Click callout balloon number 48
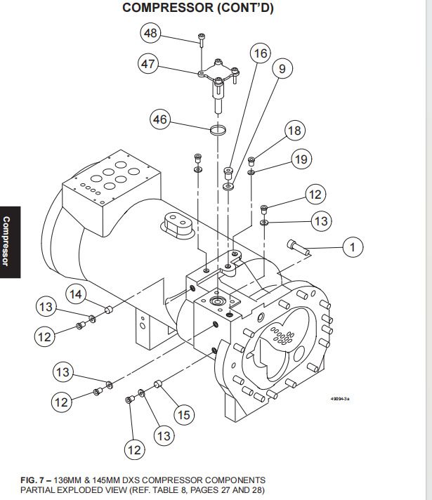pyautogui.click(x=150, y=33)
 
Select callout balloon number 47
pyautogui.click(x=148, y=64)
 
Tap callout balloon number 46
pyautogui.click(x=160, y=119)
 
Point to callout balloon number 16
pyautogui.click(x=261, y=53)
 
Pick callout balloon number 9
pyautogui.click(x=282, y=69)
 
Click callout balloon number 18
pyautogui.click(x=294, y=131)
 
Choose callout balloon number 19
pyautogui.click(x=301, y=159)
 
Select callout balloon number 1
pyautogui.click(x=353, y=246)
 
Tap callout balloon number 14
pyautogui.click(x=77, y=294)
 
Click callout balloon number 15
pyautogui.click(x=183, y=415)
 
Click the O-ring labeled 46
pyautogui.click(x=219, y=130)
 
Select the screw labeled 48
pyautogui.click(x=201, y=38)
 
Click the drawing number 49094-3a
pyautogui.click(x=340, y=399)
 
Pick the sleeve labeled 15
pyautogui.click(x=157, y=383)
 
